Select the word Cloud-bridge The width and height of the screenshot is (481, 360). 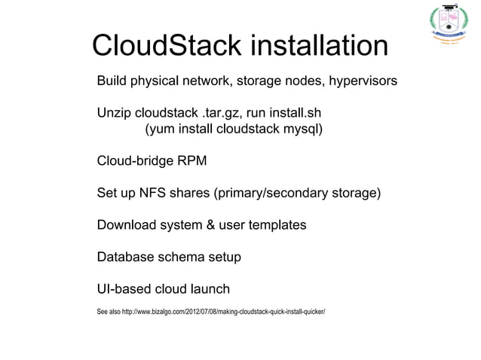(x=135, y=161)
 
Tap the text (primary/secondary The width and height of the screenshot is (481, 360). (x=272, y=194)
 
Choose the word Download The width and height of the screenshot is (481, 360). (x=127, y=226)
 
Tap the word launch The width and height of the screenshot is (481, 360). (x=210, y=290)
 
